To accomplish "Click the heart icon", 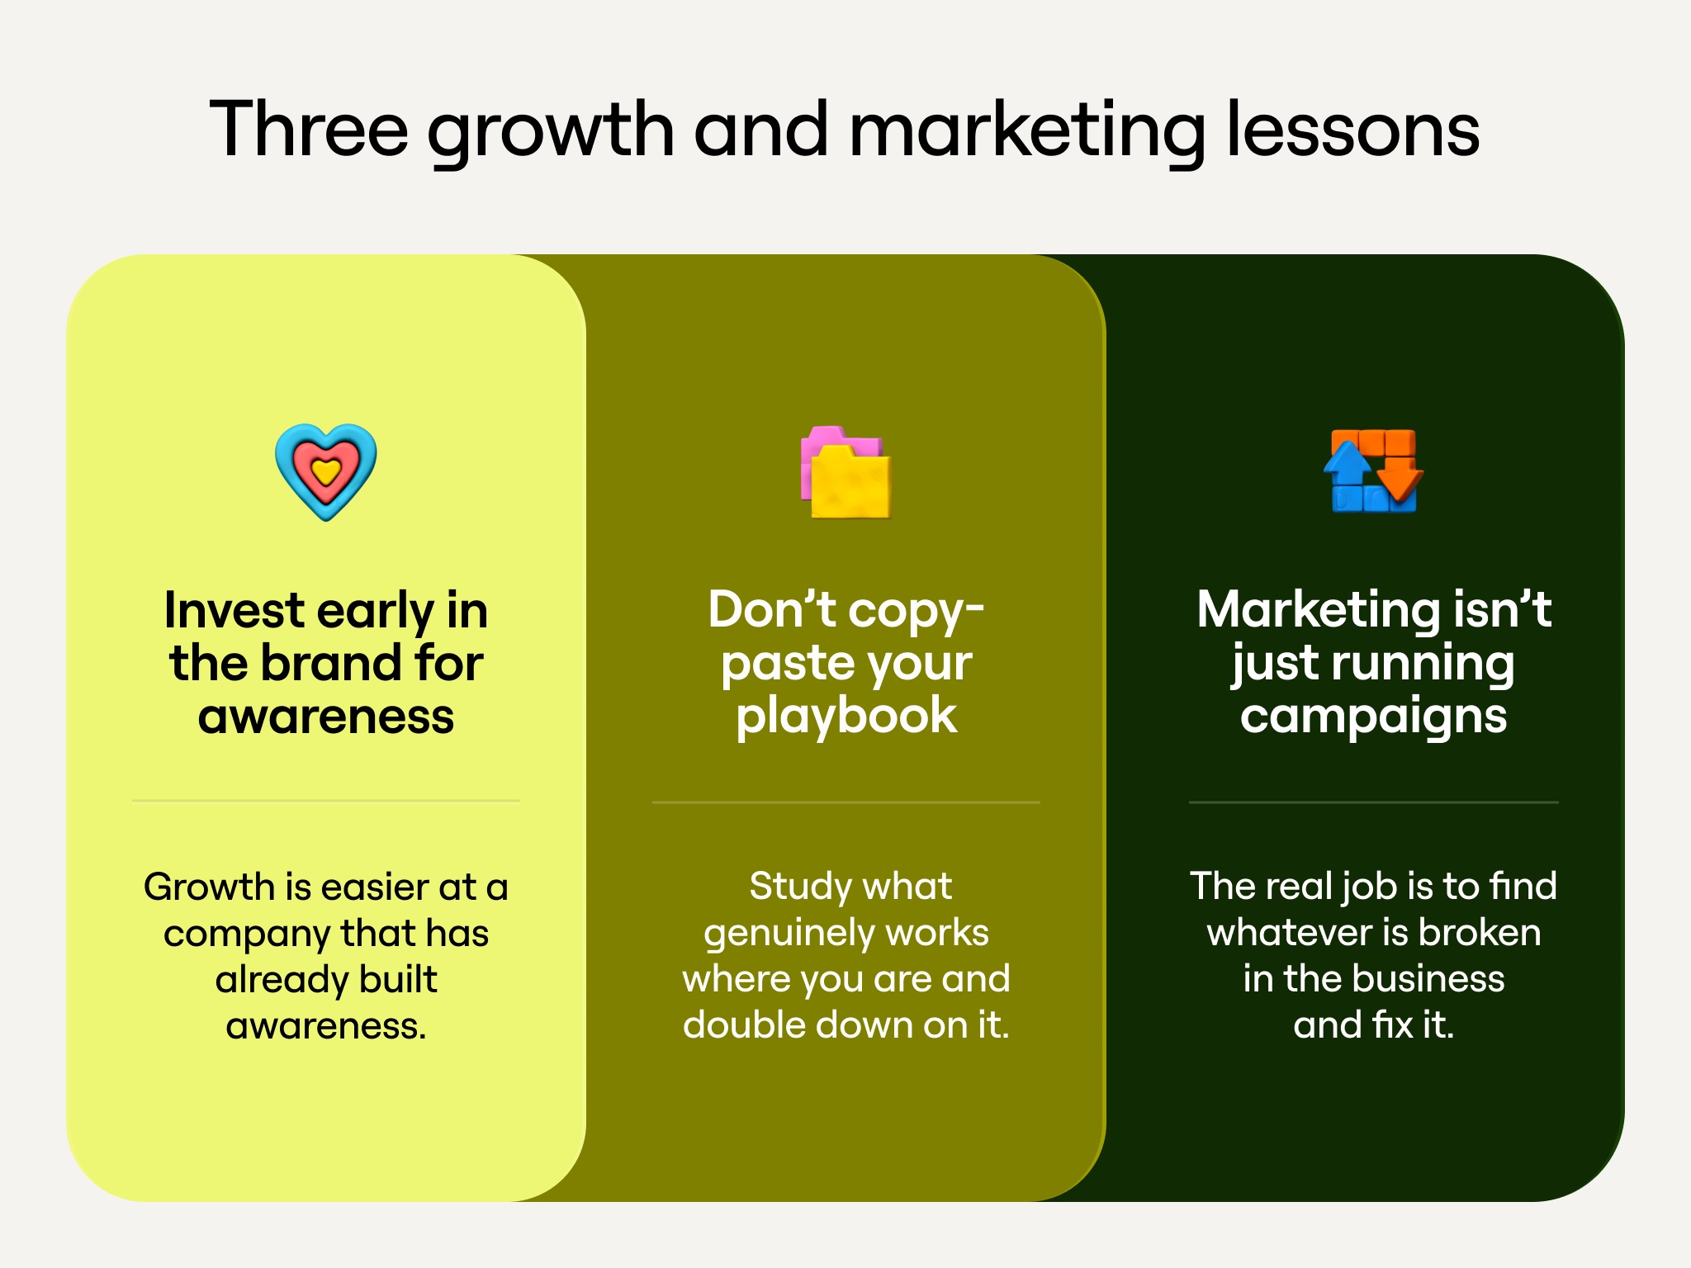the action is click(x=326, y=472).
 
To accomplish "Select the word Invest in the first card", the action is click(x=234, y=610).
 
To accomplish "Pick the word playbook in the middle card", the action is click(x=846, y=717).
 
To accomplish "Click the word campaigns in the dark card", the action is click(x=1374, y=717).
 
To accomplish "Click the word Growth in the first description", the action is click(x=209, y=887).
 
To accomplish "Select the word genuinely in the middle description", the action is click(x=777, y=934).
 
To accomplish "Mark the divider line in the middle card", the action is click(x=846, y=802).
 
